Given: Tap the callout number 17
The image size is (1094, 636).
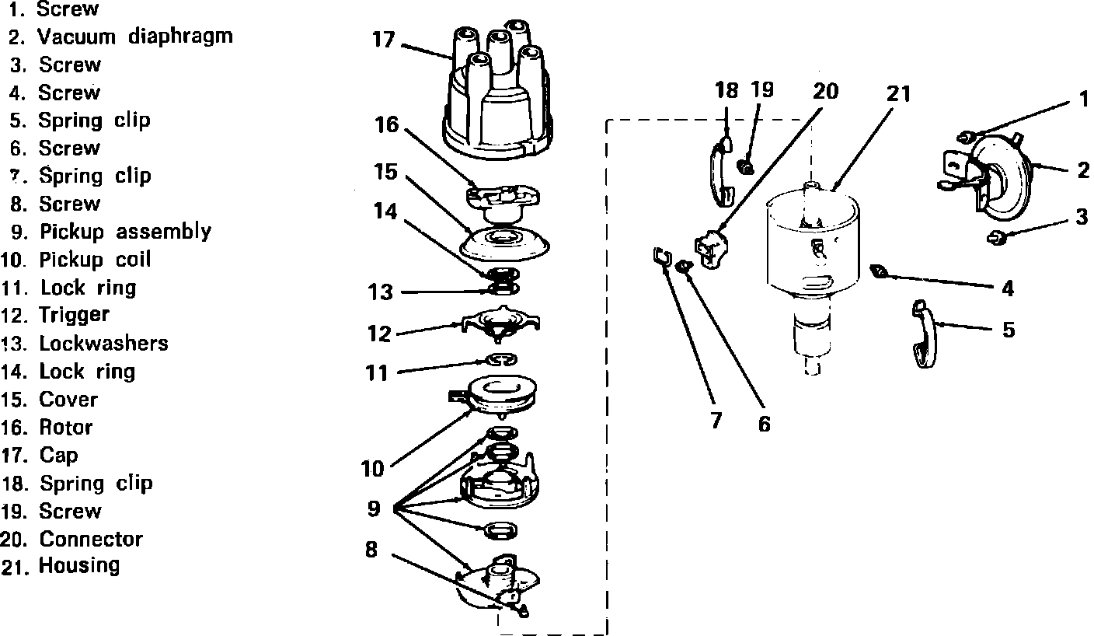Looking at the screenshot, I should pos(384,40).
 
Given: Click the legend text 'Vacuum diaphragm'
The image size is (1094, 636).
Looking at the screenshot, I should pos(135,37).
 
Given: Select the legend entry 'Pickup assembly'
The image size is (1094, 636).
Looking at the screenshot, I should pos(125,232).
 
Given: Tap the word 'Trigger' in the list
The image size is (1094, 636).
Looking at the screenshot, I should pos(75,315).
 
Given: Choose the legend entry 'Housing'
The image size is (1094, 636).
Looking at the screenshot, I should pos(79,565).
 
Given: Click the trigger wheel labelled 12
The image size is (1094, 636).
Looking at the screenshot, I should pos(501,323).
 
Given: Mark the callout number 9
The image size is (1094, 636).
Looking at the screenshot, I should pos(374,508).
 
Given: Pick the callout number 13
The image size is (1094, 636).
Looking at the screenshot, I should pos(380,293).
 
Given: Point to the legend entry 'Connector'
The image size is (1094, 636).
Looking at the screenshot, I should pos(91,539).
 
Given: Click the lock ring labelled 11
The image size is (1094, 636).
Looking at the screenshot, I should pos(501,359).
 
